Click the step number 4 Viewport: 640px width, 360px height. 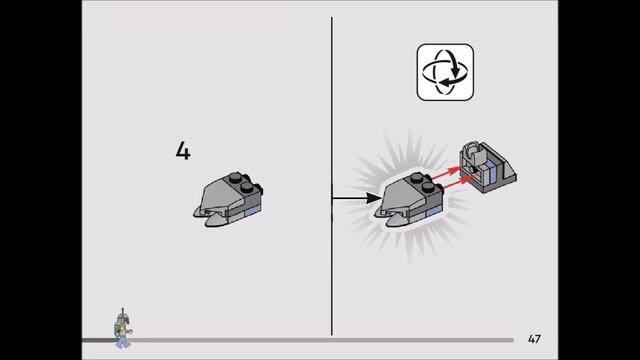point(183,151)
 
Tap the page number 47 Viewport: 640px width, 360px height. point(534,339)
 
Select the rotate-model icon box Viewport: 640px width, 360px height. point(445,72)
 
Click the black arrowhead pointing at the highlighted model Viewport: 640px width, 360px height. point(374,198)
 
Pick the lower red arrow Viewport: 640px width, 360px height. point(456,182)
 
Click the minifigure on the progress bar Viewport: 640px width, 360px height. point(123,328)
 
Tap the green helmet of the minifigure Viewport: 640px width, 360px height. point(121,318)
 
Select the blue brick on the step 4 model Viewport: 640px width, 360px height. point(253,211)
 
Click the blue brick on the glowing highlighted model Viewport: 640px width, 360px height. point(434,211)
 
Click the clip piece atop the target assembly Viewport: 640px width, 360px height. point(473,150)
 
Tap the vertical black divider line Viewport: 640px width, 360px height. point(331,176)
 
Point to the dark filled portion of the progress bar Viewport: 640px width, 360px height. point(98,340)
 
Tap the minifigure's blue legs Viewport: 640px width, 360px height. point(122,342)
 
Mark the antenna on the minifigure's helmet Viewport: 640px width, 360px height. point(122,311)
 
